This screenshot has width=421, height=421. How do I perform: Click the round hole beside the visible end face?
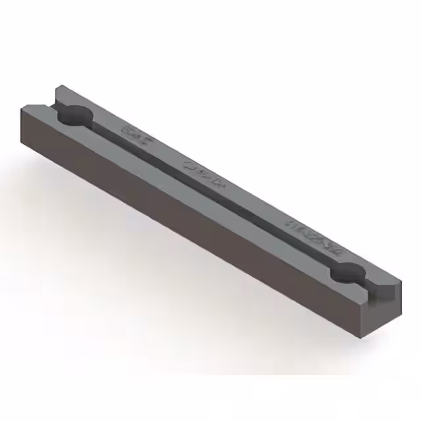click(x=347, y=272)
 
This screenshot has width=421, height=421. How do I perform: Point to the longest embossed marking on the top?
click(x=314, y=232)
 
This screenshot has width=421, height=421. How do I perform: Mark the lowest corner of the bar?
click(x=364, y=337)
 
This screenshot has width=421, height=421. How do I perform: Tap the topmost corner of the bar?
click(x=59, y=85)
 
